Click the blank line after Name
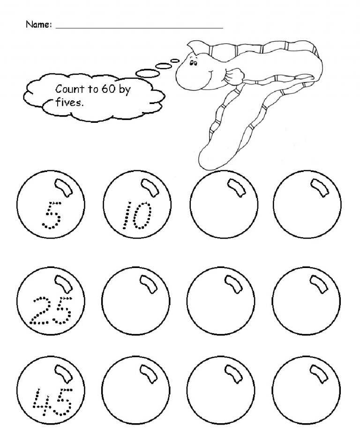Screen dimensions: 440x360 [139, 28]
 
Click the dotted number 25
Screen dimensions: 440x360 [51, 310]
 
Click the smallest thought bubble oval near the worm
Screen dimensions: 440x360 [175, 60]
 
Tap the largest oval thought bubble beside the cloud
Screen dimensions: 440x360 [146, 73]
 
